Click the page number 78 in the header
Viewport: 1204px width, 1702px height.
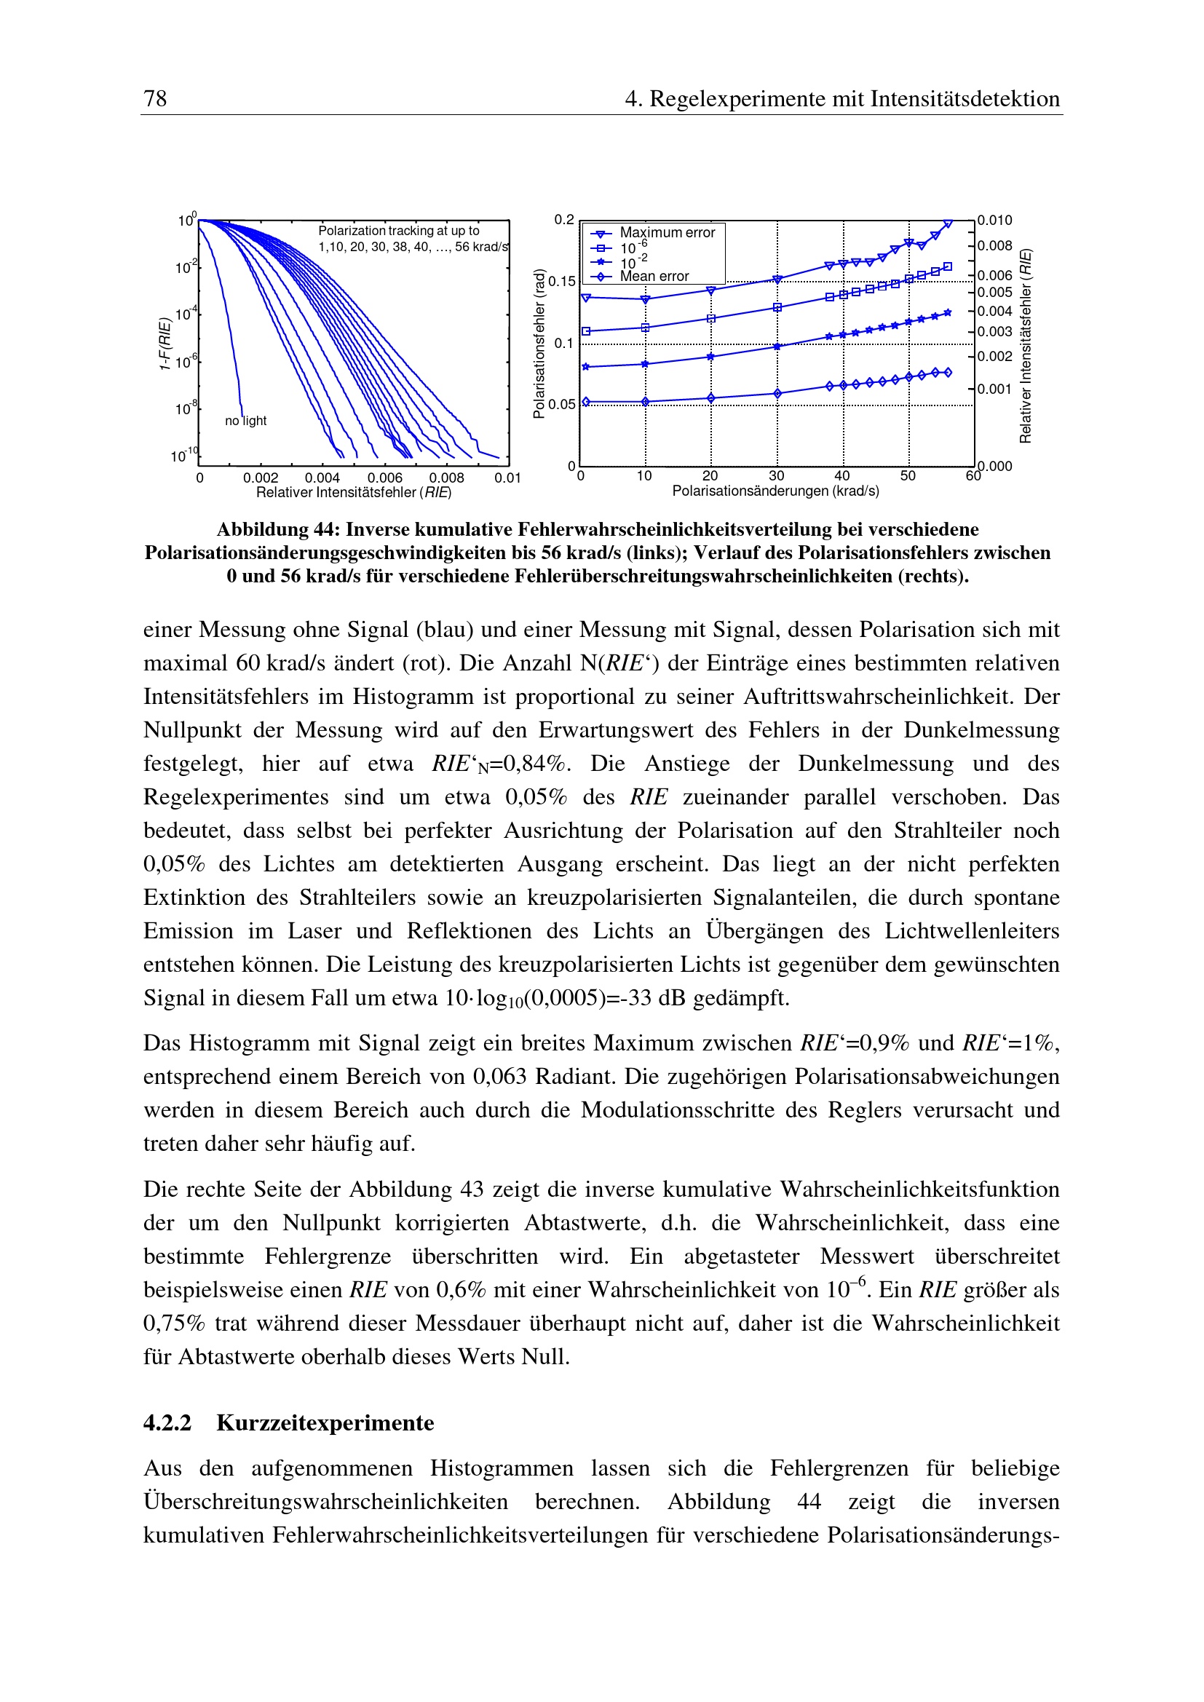pyautogui.click(x=155, y=98)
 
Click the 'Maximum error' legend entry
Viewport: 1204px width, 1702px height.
pyautogui.click(x=667, y=233)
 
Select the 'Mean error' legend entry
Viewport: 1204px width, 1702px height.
pyautogui.click(x=654, y=277)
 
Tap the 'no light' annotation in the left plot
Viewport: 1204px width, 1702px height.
pyautogui.click(x=245, y=421)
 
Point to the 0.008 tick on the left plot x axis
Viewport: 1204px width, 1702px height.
pyautogui.click(x=446, y=478)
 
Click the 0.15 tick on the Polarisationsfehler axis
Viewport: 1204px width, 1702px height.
pyautogui.click(x=562, y=282)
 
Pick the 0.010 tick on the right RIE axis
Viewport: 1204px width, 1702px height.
pyautogui.click(x=994, y=220)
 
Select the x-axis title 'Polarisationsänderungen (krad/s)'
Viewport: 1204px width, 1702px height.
pyautogui.click(x=775, y=491)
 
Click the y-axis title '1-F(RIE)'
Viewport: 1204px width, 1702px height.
pyautogui.click(x=165, y=343)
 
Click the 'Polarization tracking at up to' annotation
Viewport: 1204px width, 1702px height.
pyautogui.click(x=399, y=231)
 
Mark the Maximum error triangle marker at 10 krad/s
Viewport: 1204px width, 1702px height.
pyautogui.click(x=645, y=299)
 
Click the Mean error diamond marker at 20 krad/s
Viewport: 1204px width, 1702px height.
pyautogui.click(x=711, y=398)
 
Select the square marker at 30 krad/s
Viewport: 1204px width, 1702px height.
pyautogui.click(x=777, y=308)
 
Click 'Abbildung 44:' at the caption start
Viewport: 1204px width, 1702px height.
pyautogui.click(x=278, y=529)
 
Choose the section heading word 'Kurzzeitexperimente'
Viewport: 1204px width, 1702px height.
pyautogui.click(x=325, y=1422)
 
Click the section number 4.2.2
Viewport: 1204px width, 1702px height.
pyautogui.click(x=167, y=1422)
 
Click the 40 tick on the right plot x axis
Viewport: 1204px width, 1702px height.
pyautogui.click(x=842, y=476)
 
